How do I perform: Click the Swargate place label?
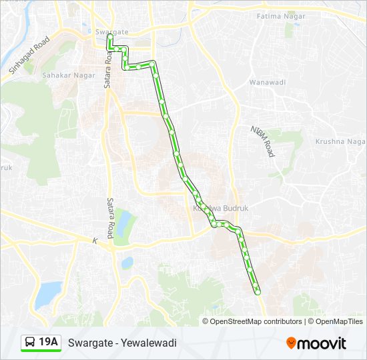[111, 32]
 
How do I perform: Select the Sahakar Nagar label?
[78, 75]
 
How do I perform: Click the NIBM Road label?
[262, 141]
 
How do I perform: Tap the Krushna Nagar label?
[340, 142]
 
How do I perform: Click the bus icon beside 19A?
[31, 343]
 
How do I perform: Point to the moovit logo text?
[322, 343]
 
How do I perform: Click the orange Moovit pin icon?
[291, 343]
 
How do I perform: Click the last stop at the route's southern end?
[257, 291]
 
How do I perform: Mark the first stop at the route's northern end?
[110, 38]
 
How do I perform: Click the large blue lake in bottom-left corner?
[47, 292]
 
